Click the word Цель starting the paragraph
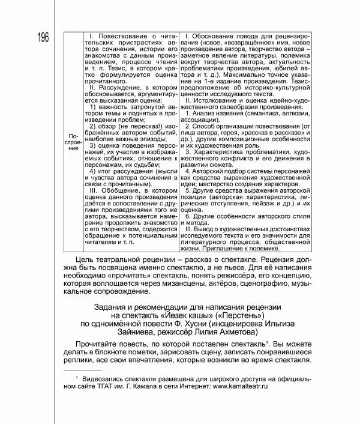(89, 258)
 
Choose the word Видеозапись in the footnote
(107, 380)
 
